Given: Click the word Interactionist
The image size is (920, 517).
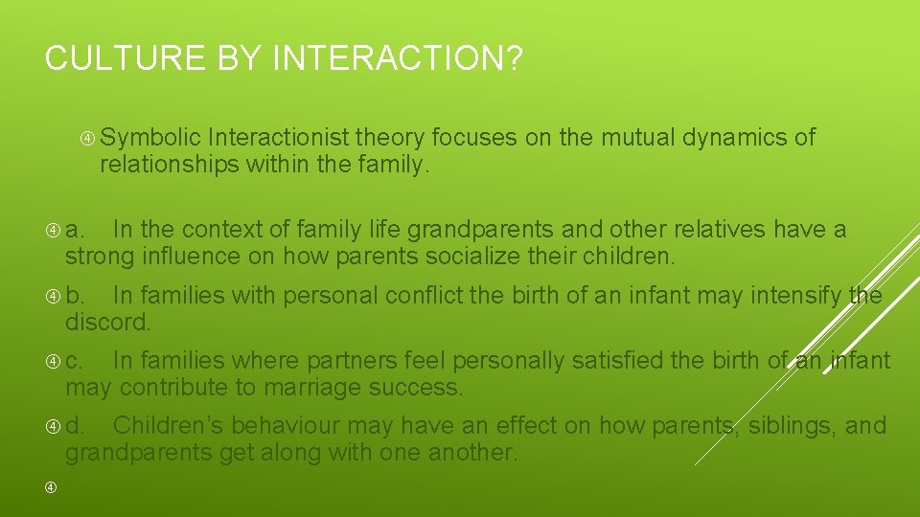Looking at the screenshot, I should (283, 138).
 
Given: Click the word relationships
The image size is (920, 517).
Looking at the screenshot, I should (170, 166).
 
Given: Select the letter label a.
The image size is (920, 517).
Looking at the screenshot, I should (75, 230).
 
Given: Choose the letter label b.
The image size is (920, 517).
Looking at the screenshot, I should (75, 295).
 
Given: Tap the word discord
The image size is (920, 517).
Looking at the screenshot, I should (108, 323).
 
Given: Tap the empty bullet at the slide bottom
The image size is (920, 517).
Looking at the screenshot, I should (51, 489).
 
